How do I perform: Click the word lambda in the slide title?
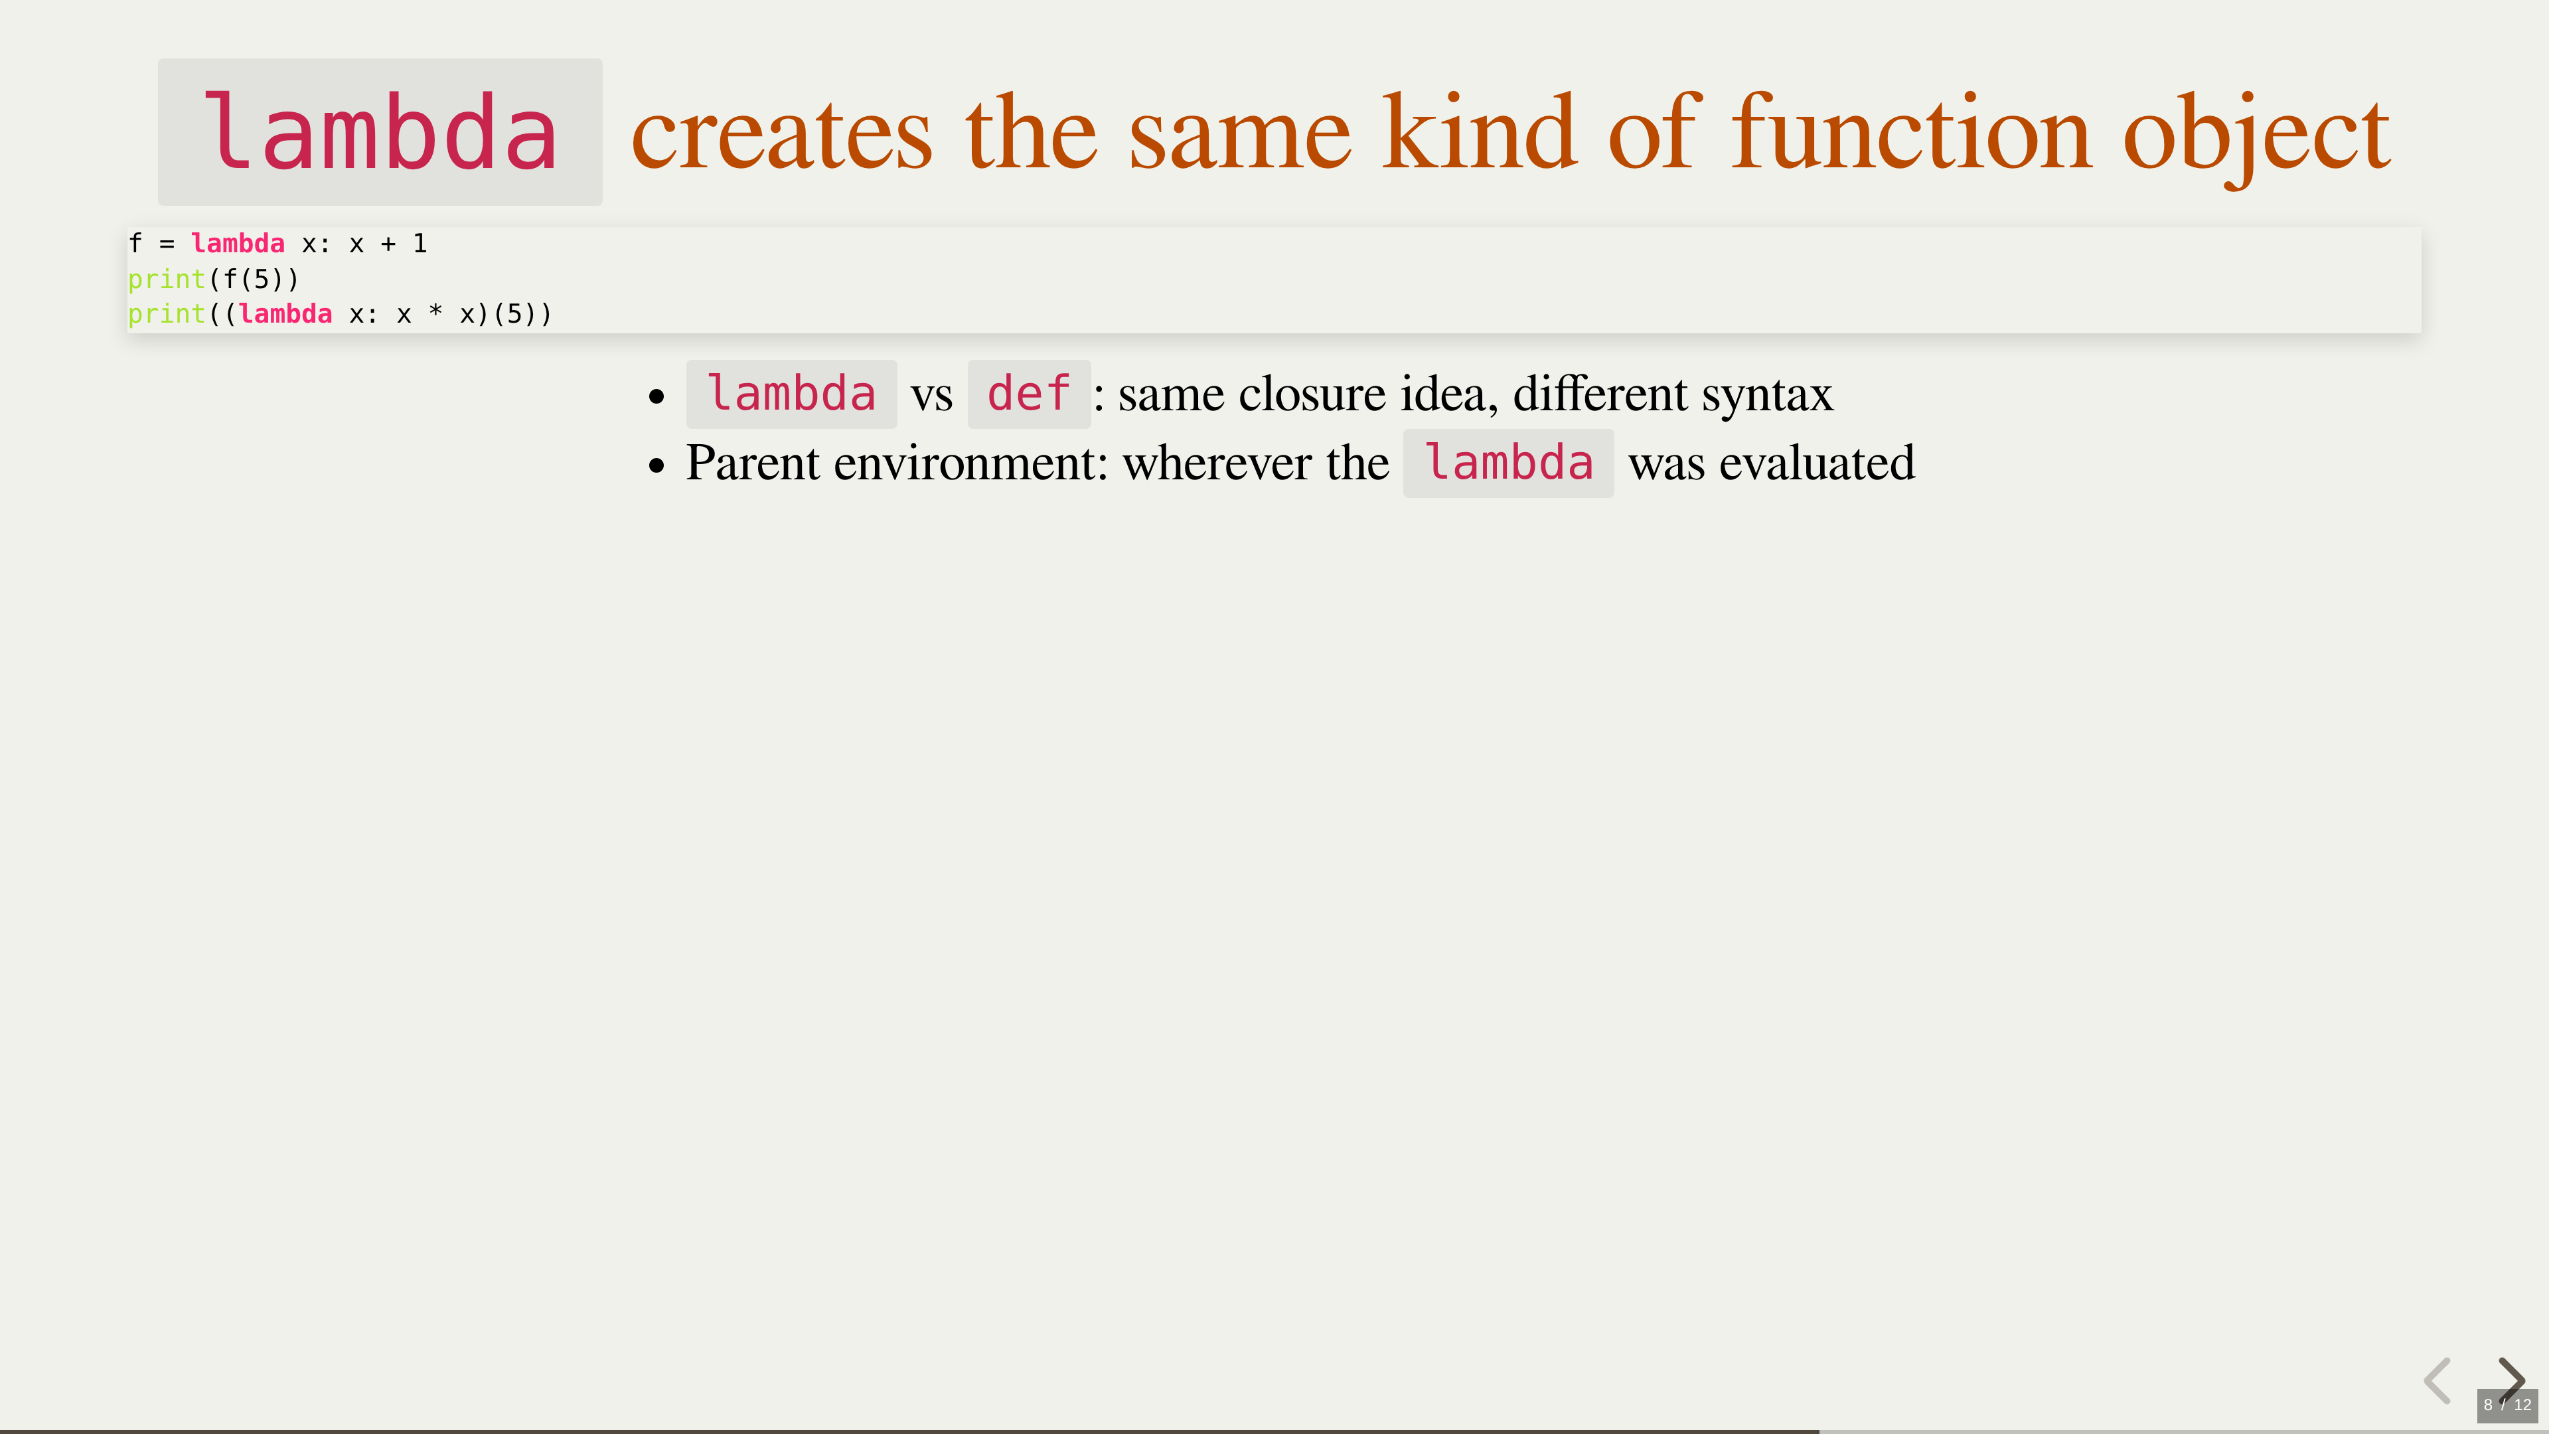(380, 131)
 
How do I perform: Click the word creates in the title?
(782, 133)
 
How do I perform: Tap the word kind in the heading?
(1480, 131)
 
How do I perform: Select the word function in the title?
(1912, 131)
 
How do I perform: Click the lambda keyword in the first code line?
(238, 244)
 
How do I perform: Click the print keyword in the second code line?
(166, 280)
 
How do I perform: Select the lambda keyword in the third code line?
(285, 314)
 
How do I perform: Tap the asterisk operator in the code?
(435, 313)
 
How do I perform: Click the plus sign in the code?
(388, 244)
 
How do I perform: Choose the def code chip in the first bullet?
(1029, 394)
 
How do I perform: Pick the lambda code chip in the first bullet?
(792, 394)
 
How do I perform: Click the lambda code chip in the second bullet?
(1508, 463)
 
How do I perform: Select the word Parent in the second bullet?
(753, 463)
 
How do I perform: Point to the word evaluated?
(1817, 463)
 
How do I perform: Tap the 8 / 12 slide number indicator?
(2507, 1404)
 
